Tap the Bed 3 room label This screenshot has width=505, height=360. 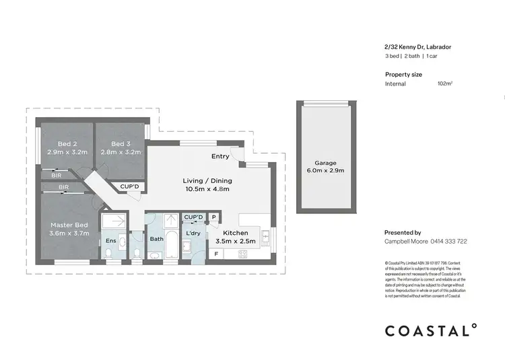119,144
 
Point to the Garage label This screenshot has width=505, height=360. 325,163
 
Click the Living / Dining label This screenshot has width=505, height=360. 207,180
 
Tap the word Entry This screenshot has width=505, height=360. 220,156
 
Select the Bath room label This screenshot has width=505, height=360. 157,239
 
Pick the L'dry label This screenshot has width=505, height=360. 193,233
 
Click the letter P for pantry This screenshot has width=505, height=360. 214,217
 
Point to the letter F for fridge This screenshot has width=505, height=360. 216,254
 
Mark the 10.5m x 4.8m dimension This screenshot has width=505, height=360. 207,189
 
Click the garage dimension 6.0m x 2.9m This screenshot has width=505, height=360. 325,171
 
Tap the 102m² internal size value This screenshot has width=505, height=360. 444,84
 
